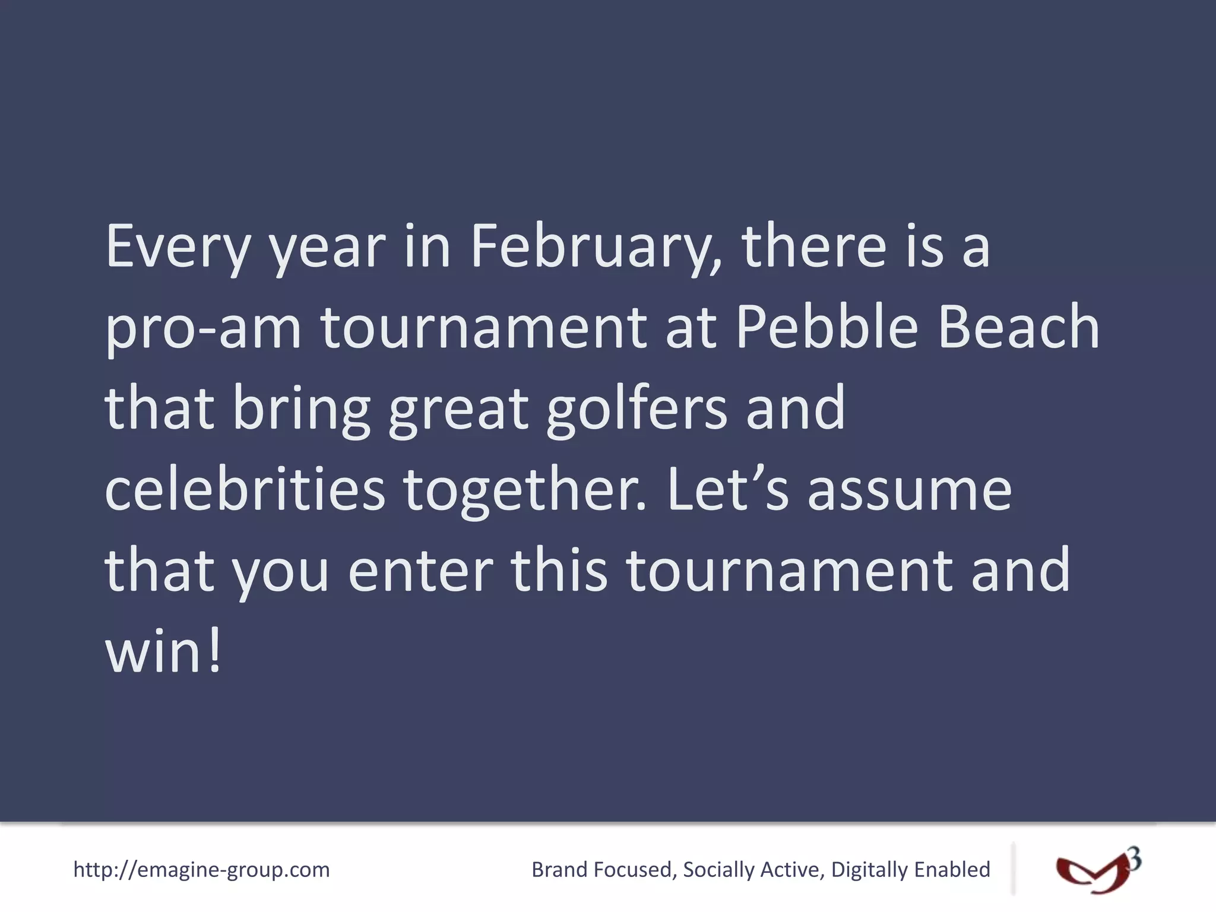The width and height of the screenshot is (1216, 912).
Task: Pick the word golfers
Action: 636,408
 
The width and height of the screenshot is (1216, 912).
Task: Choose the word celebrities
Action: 245,489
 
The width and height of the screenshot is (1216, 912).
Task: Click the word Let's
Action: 728,489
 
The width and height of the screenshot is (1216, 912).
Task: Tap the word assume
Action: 910,490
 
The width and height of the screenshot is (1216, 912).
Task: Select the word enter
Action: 420,570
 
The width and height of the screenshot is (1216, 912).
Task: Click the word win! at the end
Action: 163,651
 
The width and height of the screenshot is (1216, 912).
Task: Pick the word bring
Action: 302,408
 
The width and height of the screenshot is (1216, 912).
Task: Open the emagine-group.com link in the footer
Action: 201,870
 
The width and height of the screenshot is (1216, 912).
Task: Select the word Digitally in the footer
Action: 869,870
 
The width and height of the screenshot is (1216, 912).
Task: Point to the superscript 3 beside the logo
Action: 1133,859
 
